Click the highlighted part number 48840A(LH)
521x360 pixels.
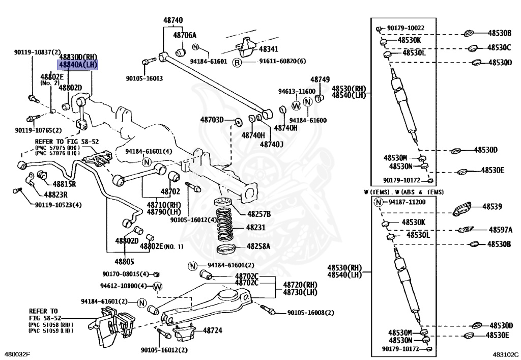[78, 65]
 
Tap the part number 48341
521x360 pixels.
[269, 49]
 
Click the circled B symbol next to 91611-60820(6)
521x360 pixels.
[237, 62]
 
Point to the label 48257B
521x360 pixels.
[259, 214]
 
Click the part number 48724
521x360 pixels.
[212, 330]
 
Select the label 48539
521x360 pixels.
[493, 207]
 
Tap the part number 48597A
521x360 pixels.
[501, 230]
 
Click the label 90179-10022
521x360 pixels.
[405, 28]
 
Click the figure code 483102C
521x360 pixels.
[505, 354]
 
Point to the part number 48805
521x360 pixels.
[125, 262]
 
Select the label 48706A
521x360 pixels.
[185, 35]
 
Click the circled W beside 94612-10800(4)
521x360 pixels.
[158, 287]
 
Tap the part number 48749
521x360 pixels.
[320, 80]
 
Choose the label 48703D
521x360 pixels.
[212, 120]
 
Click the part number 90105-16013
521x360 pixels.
[144, 79]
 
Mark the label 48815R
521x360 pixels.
[64, 184]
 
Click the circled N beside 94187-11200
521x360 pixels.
[379, 202]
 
